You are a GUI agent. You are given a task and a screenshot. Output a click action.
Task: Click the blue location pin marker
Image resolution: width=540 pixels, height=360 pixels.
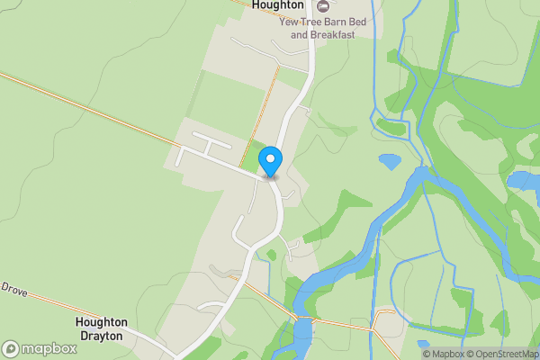[x=270, y=162]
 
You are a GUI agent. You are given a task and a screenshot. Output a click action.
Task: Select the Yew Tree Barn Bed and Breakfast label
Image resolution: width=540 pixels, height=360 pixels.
[x=323, y=28]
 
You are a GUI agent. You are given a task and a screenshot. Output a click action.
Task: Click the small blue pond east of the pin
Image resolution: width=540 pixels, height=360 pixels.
[x=390, y=162]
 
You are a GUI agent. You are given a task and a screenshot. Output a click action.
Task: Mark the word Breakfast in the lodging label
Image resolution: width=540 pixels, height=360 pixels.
[x=333, y=34]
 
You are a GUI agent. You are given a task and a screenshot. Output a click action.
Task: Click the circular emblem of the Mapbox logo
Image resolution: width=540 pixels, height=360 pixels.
[x=11, y=348]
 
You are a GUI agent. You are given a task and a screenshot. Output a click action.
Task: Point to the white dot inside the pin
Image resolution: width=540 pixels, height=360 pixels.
[x=270, y=159]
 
